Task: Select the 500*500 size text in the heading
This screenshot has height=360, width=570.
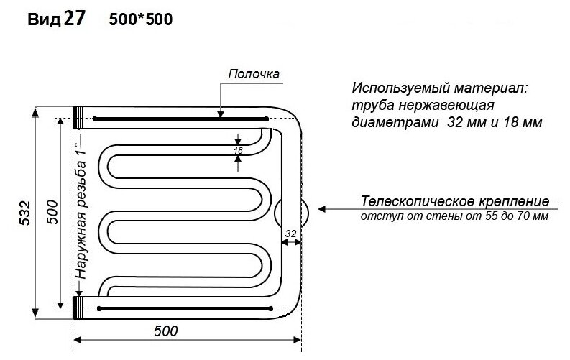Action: [141, 20]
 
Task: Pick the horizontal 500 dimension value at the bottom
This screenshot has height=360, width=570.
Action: [165, 331]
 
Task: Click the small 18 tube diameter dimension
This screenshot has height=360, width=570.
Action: [237, 150]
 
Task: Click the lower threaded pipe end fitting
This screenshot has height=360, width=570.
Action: [80, 308]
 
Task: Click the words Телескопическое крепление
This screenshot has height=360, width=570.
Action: [456, 201]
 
